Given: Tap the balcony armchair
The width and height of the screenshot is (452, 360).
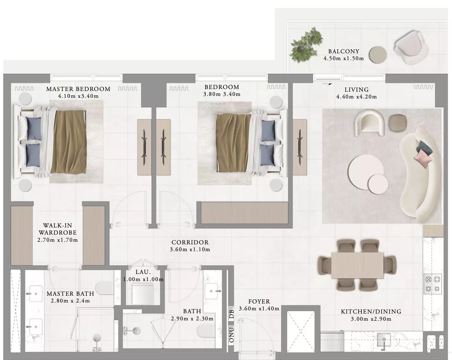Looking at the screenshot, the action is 411,48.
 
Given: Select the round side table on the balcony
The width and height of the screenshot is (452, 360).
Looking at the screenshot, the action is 378,55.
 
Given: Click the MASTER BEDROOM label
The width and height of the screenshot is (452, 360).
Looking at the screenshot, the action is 78,89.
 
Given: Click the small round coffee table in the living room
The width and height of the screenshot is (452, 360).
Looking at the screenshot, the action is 378,184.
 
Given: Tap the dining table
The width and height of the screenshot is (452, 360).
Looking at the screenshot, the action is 358,265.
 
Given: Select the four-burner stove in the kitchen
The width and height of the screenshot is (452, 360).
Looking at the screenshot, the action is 433,284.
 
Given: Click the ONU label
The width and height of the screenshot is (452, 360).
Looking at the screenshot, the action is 231,335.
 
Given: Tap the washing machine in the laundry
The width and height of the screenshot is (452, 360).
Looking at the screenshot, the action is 143,293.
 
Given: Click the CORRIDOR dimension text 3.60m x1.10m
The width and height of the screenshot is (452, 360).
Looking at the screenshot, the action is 190,250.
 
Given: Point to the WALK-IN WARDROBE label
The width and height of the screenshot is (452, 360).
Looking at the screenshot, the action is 57,229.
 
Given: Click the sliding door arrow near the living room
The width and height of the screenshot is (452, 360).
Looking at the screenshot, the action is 327,84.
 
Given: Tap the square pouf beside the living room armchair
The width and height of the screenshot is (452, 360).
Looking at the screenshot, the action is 398,123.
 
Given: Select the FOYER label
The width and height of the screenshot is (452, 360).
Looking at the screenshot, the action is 259,302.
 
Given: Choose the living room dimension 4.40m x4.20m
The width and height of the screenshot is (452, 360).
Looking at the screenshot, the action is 357,97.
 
